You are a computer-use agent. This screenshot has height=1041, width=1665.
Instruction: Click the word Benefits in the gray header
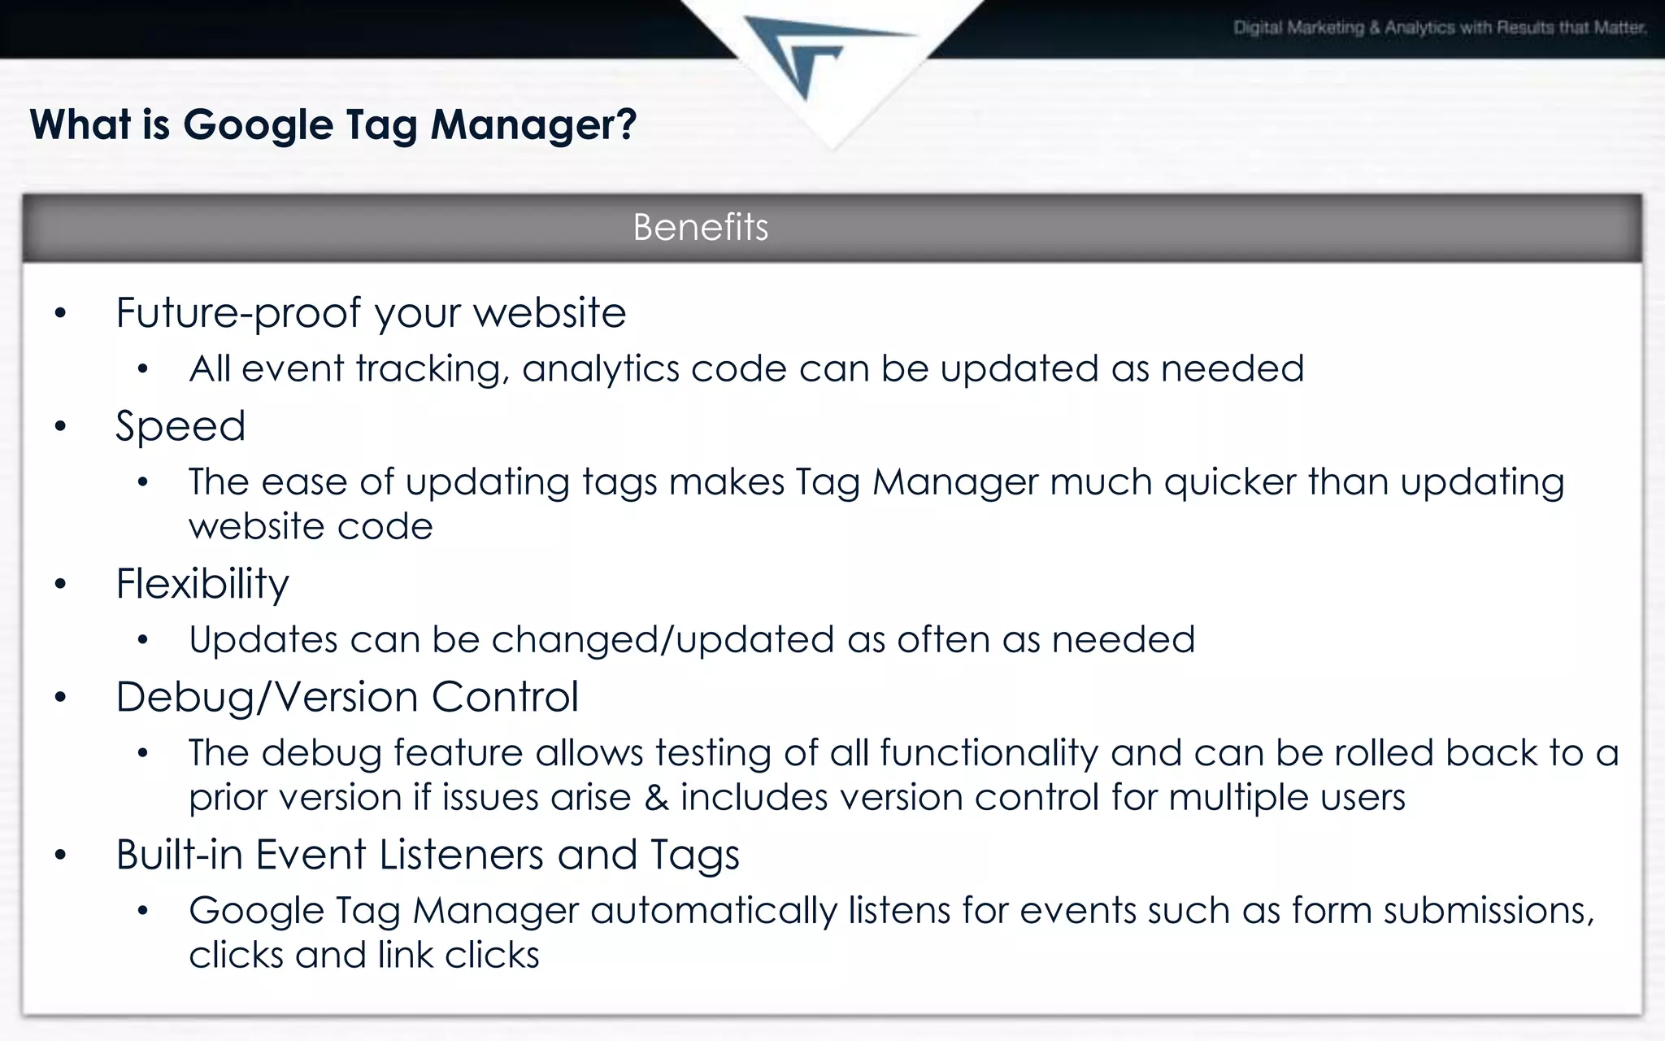click(x=700, y=227)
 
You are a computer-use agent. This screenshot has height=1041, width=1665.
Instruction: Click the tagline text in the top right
click(x=1439, y=28)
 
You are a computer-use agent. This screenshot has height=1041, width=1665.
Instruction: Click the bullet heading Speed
click(x=180, y=426)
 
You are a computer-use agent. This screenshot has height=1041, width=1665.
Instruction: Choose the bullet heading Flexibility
click(x=202, y=584)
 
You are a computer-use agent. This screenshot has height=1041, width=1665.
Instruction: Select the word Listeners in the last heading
click(x=461, y=855)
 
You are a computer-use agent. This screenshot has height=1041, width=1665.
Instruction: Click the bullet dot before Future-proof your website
click(x=59, y=314)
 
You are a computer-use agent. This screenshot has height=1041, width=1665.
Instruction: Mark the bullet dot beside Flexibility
click(x=59, y=585)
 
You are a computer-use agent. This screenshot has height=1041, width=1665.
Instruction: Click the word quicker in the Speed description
click(x=1229, y=482)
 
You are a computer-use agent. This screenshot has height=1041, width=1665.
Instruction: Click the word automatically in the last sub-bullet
click(x=713, y=911)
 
